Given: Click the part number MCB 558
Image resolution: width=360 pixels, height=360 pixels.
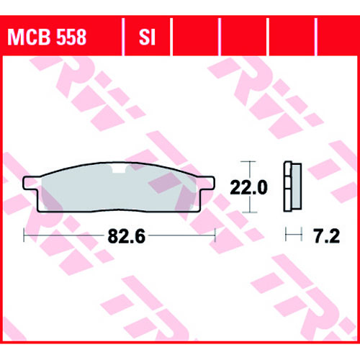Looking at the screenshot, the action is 47,37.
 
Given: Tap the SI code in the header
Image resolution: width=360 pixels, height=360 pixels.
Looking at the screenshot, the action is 147,37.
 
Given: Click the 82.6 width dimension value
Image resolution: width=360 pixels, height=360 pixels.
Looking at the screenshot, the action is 127,236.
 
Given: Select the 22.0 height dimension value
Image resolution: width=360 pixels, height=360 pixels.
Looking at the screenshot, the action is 248,187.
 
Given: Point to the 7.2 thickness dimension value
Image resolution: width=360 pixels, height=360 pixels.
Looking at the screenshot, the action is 327,236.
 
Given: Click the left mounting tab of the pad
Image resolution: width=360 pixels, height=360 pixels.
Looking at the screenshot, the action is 31,183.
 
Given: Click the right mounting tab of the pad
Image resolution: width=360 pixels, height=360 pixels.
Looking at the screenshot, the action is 207,183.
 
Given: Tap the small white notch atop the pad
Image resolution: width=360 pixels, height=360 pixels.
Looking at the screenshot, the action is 119,168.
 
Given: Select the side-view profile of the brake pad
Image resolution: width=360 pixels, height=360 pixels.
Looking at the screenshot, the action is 292,186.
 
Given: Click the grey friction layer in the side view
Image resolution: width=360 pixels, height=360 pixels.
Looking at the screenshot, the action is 297,186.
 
